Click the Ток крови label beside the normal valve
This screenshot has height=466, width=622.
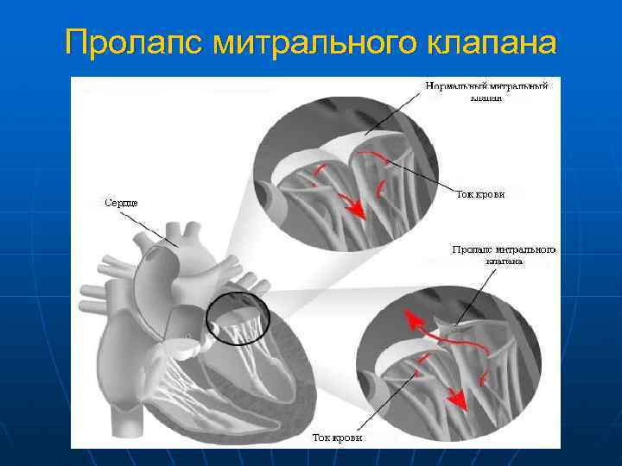click(x=479, y=194)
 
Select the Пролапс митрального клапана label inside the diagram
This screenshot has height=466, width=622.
click(x=504, y=255)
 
